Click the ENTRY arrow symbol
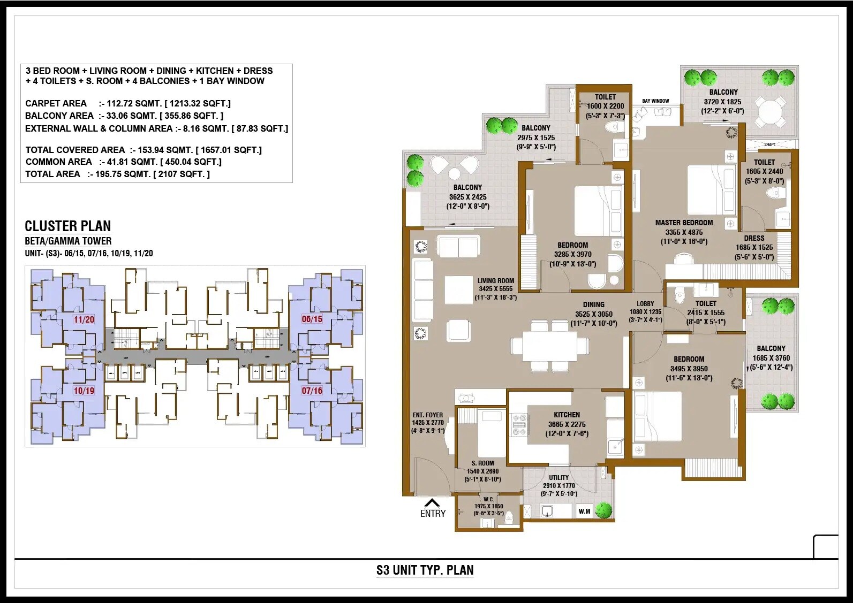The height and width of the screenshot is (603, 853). (432, 503)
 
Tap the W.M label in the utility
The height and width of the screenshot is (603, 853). (584, 512)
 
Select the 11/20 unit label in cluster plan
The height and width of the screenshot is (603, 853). (84, 319)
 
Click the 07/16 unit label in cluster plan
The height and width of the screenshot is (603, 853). (312, 391)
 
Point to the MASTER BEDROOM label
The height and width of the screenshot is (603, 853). (684, 223)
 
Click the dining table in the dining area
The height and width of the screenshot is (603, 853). (549, 347)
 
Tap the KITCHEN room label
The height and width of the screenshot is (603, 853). (567, 415)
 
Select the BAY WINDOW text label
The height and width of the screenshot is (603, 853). (655, 101)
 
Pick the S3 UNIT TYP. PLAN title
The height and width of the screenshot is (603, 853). (425, 570)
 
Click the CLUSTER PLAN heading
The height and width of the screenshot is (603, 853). (68, 226)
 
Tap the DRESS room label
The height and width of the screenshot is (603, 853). (754, 238)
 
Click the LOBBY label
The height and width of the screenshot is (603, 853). (645, 304)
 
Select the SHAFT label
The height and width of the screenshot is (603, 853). (769, 144)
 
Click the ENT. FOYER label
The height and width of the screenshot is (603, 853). (427, 415)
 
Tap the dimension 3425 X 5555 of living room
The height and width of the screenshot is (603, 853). (495, 289)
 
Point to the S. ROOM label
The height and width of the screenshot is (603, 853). (482, 463)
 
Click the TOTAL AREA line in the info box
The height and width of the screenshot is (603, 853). (117, 174)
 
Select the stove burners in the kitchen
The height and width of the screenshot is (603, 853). (518, 424)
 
